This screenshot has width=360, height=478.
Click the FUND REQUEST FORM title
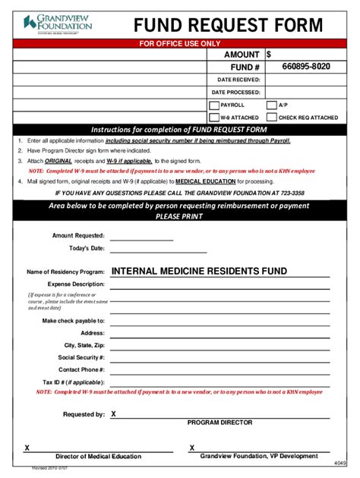pos(228,25)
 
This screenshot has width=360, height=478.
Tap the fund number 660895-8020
pos(305,67)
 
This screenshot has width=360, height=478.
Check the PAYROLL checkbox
pos(213,105)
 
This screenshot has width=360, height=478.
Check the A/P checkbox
pos(271,105)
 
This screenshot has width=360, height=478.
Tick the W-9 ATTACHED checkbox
pos(213,118)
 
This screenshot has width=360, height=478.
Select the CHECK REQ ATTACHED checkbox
pos(271,118)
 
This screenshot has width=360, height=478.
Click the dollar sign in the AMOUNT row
pos(269,55)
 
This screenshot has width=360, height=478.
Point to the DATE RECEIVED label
pos(238,80)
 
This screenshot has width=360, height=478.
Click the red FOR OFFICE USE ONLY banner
pos(179,43)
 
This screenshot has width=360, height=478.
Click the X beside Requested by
pos(114,414)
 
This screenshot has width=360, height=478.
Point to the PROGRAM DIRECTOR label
pos(219,423)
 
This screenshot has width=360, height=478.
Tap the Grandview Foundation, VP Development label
pos(259,456)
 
